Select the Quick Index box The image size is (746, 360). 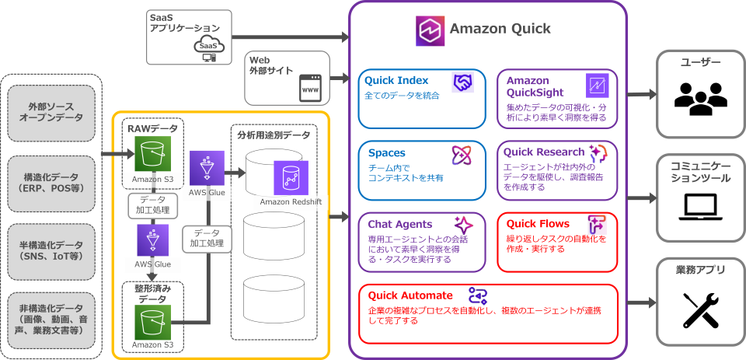422,98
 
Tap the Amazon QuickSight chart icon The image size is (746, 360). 598,83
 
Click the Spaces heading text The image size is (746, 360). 387,153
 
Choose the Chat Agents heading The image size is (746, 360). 399,224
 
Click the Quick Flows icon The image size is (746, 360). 597,224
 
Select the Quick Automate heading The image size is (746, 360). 410,295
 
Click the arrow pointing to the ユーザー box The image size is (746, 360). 642,94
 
